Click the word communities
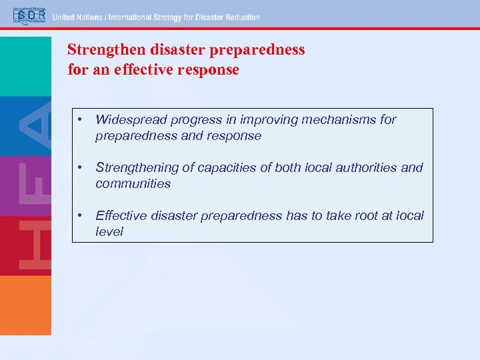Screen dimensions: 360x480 (133, 183)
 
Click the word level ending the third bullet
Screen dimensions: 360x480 (109, 231)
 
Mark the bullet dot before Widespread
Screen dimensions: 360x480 (80, 120)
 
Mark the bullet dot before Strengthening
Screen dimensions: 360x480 (80, 168)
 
